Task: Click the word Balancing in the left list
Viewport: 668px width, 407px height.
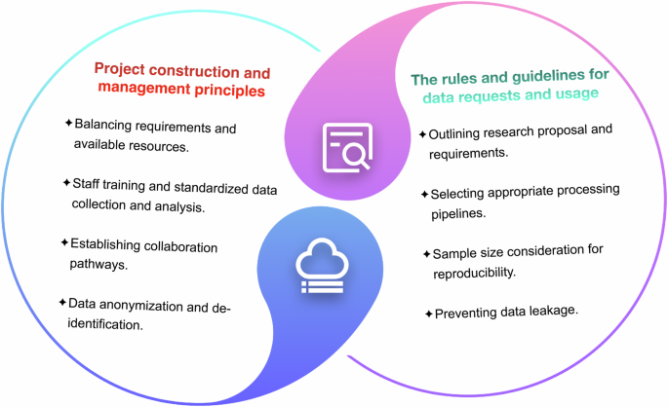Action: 103,126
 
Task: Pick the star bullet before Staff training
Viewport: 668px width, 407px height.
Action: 66,182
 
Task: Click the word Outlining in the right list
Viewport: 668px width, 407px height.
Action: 456,133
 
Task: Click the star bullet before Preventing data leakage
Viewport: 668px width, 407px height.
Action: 427,314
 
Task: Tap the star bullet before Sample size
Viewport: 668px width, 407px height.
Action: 427,253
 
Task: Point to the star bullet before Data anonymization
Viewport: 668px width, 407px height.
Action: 61,305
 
